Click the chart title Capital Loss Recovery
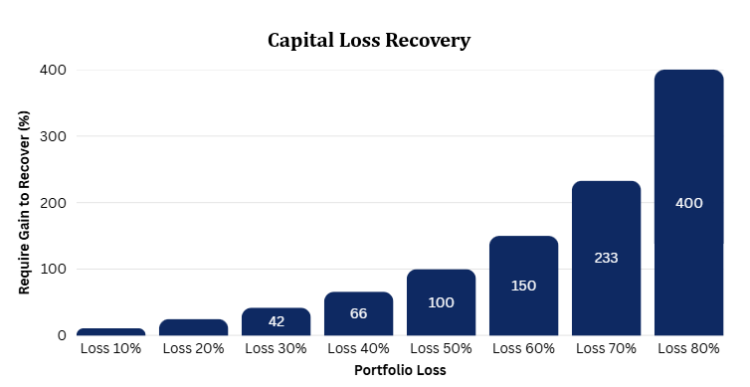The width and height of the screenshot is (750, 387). tap(369, 41)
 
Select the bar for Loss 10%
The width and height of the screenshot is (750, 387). tap(111, 332)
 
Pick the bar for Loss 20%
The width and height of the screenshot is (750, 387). tap(194, 327)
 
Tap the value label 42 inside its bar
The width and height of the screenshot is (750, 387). tap(277, 321)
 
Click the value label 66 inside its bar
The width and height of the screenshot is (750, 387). tap(359, 313)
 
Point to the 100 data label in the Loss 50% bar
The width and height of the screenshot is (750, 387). tap(441, 302)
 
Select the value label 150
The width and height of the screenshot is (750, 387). tap(524, 286)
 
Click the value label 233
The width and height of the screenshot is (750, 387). tap(606, 258)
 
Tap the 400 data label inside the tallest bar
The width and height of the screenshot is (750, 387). tap(688, 203)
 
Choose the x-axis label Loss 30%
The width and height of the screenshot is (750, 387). tap(276, 349)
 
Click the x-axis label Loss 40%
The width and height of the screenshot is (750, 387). tap(358, 349)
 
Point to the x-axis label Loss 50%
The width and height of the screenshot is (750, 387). tap(441, 349)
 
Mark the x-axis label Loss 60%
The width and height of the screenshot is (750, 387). tap(524, 349)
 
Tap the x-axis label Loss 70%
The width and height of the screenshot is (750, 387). tap(606, 349)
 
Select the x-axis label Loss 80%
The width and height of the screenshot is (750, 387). tap(688, 349)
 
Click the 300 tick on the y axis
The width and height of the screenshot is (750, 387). tap(53, 136)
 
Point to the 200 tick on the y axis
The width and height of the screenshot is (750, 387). tap(53, 203)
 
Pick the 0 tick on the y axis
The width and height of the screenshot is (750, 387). tap(62, 336)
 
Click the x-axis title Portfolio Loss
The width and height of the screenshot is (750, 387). tap(400, 370)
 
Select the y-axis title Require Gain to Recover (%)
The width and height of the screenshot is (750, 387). tap(24, 202)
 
